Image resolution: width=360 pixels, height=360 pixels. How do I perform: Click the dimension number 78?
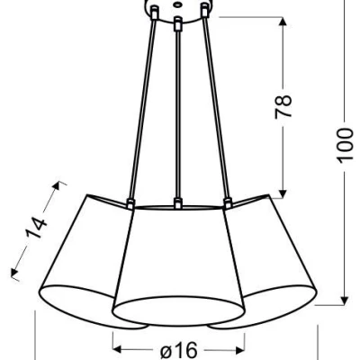click(x=283, y=107)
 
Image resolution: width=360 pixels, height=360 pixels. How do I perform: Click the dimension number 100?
click(x=344, y=146)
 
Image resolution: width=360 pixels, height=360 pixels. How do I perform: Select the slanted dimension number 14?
click(x=36, y=229)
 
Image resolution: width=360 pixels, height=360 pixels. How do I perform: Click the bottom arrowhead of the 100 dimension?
click(x=344, y=299)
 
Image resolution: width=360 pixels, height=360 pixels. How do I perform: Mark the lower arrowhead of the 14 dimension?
click(x=14, y=271)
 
